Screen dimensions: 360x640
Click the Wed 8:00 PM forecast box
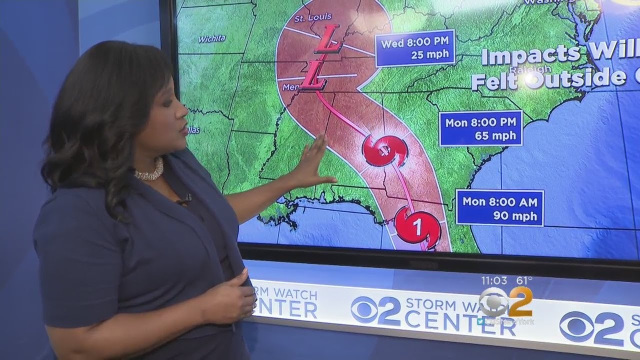(415, 48)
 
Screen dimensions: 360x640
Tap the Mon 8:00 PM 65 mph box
(480, 129)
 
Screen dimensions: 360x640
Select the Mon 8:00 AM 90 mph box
(499, 208)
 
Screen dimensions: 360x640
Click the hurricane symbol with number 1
(417, 227)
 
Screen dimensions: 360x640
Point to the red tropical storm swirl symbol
(384, 149)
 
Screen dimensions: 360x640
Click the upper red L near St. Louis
(327, 39)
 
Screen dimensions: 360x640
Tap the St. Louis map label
(306, 19)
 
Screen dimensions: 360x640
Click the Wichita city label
(211, 38)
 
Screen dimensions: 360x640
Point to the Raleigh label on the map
(531, 69)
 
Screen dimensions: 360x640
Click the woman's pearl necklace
(148, 171)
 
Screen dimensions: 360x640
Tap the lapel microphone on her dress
(183, 200)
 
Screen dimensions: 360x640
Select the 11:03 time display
(494, 280)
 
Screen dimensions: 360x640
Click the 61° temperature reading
(523, 280)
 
